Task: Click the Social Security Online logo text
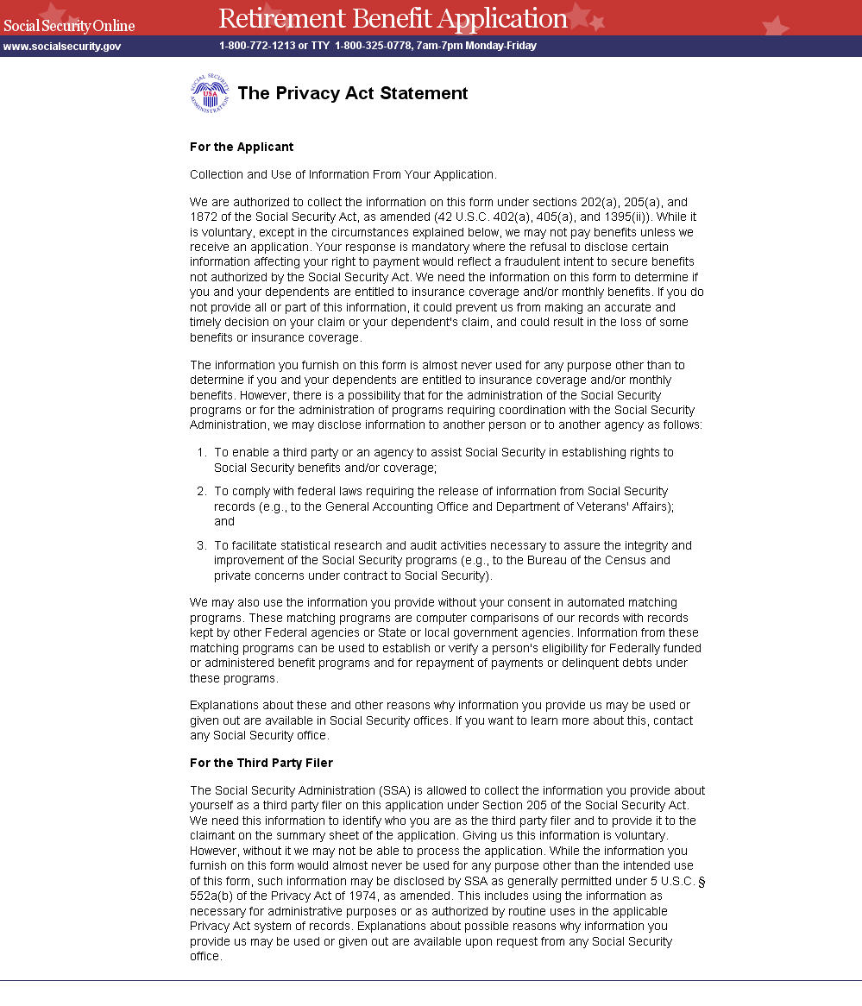[69, 25]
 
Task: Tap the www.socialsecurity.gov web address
[62, 46]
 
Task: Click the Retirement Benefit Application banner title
[393, 18]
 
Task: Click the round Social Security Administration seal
[210, 93]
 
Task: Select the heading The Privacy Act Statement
[352, 93]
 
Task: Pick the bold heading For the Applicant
[242, 147]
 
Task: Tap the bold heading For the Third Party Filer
[261, 763]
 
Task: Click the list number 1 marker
[200, 452]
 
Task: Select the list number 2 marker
[200, 491]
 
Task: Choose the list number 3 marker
[200, 545]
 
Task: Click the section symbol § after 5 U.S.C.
[702, 881]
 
